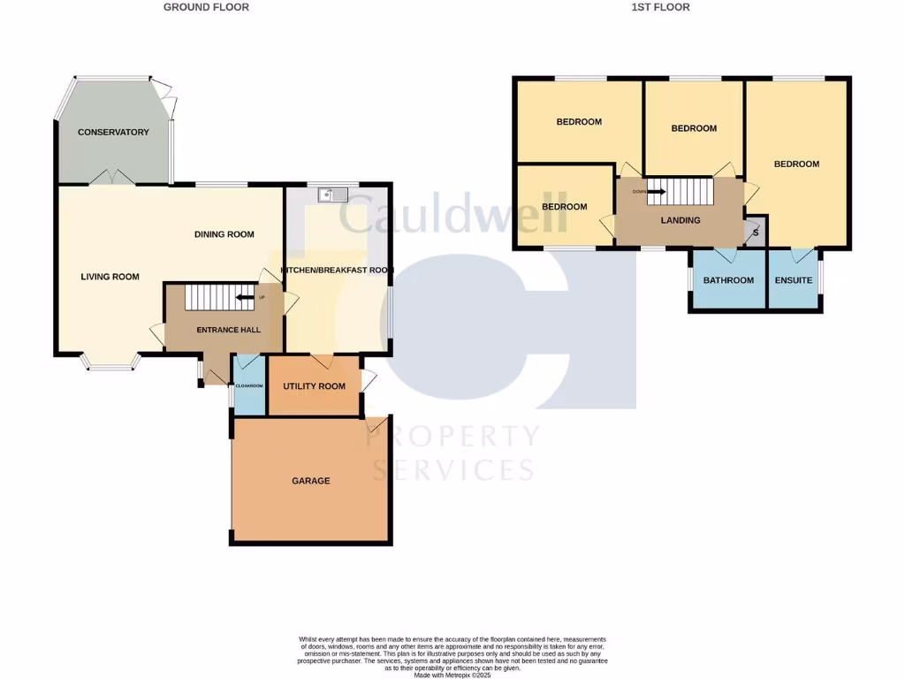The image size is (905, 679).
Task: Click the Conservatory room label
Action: coord(113,133)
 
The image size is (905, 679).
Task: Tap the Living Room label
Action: coord(110,277)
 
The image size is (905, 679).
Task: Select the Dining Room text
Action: coord(224,234)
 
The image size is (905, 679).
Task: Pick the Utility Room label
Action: coord(314,386)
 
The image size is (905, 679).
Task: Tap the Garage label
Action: coord(311,481)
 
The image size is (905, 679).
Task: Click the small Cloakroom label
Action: coord(248,386)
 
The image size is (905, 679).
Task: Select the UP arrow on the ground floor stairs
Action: coord(246,297)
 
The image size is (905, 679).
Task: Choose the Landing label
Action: coord(681,220)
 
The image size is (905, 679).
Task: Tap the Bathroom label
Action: coord(728,280)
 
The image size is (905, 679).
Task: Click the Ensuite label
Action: coord(794,280)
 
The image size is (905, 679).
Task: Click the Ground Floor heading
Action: coord(207,7)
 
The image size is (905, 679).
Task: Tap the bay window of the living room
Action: coord(110,362)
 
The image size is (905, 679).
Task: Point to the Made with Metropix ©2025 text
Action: coord(452,675)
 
